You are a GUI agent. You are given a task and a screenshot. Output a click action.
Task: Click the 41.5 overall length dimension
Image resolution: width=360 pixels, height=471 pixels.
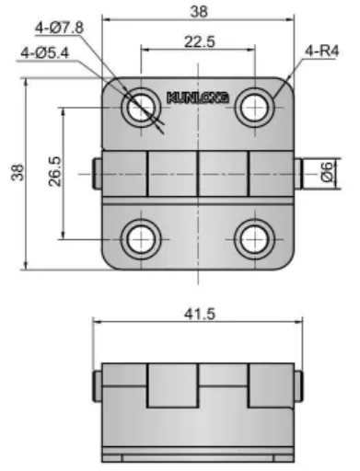(200, 315)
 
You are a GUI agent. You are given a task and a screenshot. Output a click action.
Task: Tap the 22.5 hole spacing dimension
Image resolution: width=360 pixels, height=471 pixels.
(200, 41)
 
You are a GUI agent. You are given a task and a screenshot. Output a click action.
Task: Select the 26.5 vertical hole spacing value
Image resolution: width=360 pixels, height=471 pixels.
(55, 171)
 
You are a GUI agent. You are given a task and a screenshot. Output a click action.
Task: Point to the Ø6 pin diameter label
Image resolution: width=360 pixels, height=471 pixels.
(327, 172)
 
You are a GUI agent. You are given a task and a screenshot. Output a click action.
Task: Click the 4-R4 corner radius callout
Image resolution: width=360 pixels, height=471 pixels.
(321, 51)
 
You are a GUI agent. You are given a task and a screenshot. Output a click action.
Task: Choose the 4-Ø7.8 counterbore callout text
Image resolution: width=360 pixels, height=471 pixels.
(59, 28)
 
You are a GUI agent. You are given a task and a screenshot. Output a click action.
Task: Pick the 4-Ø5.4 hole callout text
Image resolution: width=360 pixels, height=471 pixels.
(45, 53)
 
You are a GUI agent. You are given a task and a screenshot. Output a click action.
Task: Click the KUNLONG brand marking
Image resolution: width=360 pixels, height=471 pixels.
(198, 98)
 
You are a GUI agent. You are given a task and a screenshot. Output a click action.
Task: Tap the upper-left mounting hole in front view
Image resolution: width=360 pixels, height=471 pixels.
(141, 108)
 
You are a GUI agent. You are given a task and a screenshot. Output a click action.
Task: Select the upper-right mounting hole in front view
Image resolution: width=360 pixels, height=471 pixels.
(255, 108)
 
